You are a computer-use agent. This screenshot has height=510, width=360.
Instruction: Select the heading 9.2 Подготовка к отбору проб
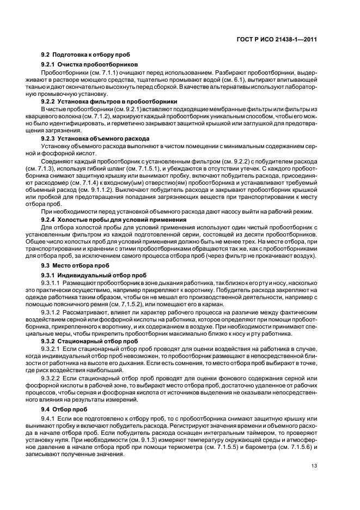pyautogui.click(x=86, y=54)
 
